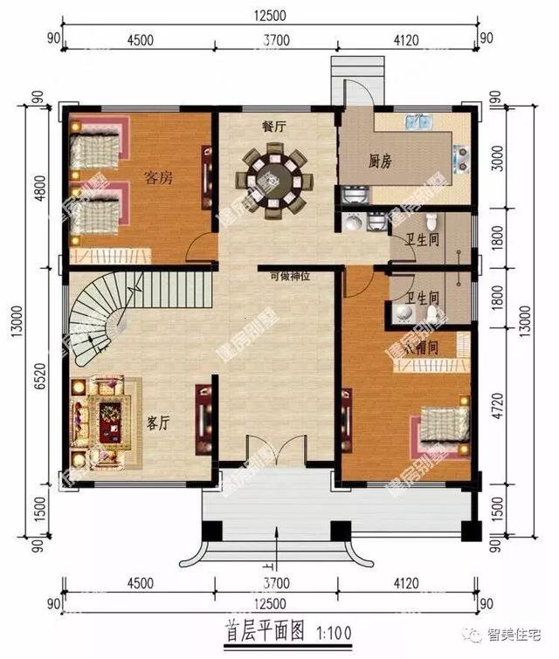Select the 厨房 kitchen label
(x=379, y=161)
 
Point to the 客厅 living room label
(x=158, y=423)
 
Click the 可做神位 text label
(x=290, y=277)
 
